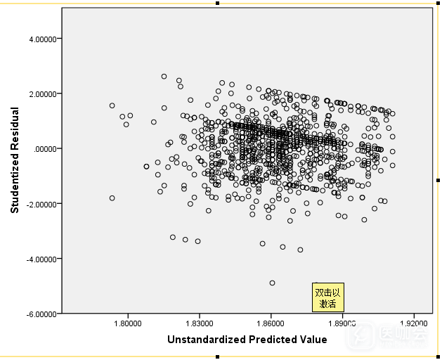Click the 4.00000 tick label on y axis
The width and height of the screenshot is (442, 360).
point(43,39)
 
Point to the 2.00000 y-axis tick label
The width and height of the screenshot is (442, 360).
point(43,94)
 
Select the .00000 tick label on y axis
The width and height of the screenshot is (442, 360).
point(46,148)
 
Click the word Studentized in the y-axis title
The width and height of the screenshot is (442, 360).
point(14,179)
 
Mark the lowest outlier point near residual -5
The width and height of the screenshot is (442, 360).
point(272,283)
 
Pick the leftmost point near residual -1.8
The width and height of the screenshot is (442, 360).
point(112,198)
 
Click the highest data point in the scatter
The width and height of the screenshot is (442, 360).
point(164,76)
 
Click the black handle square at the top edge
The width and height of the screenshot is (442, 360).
point(218,3)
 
